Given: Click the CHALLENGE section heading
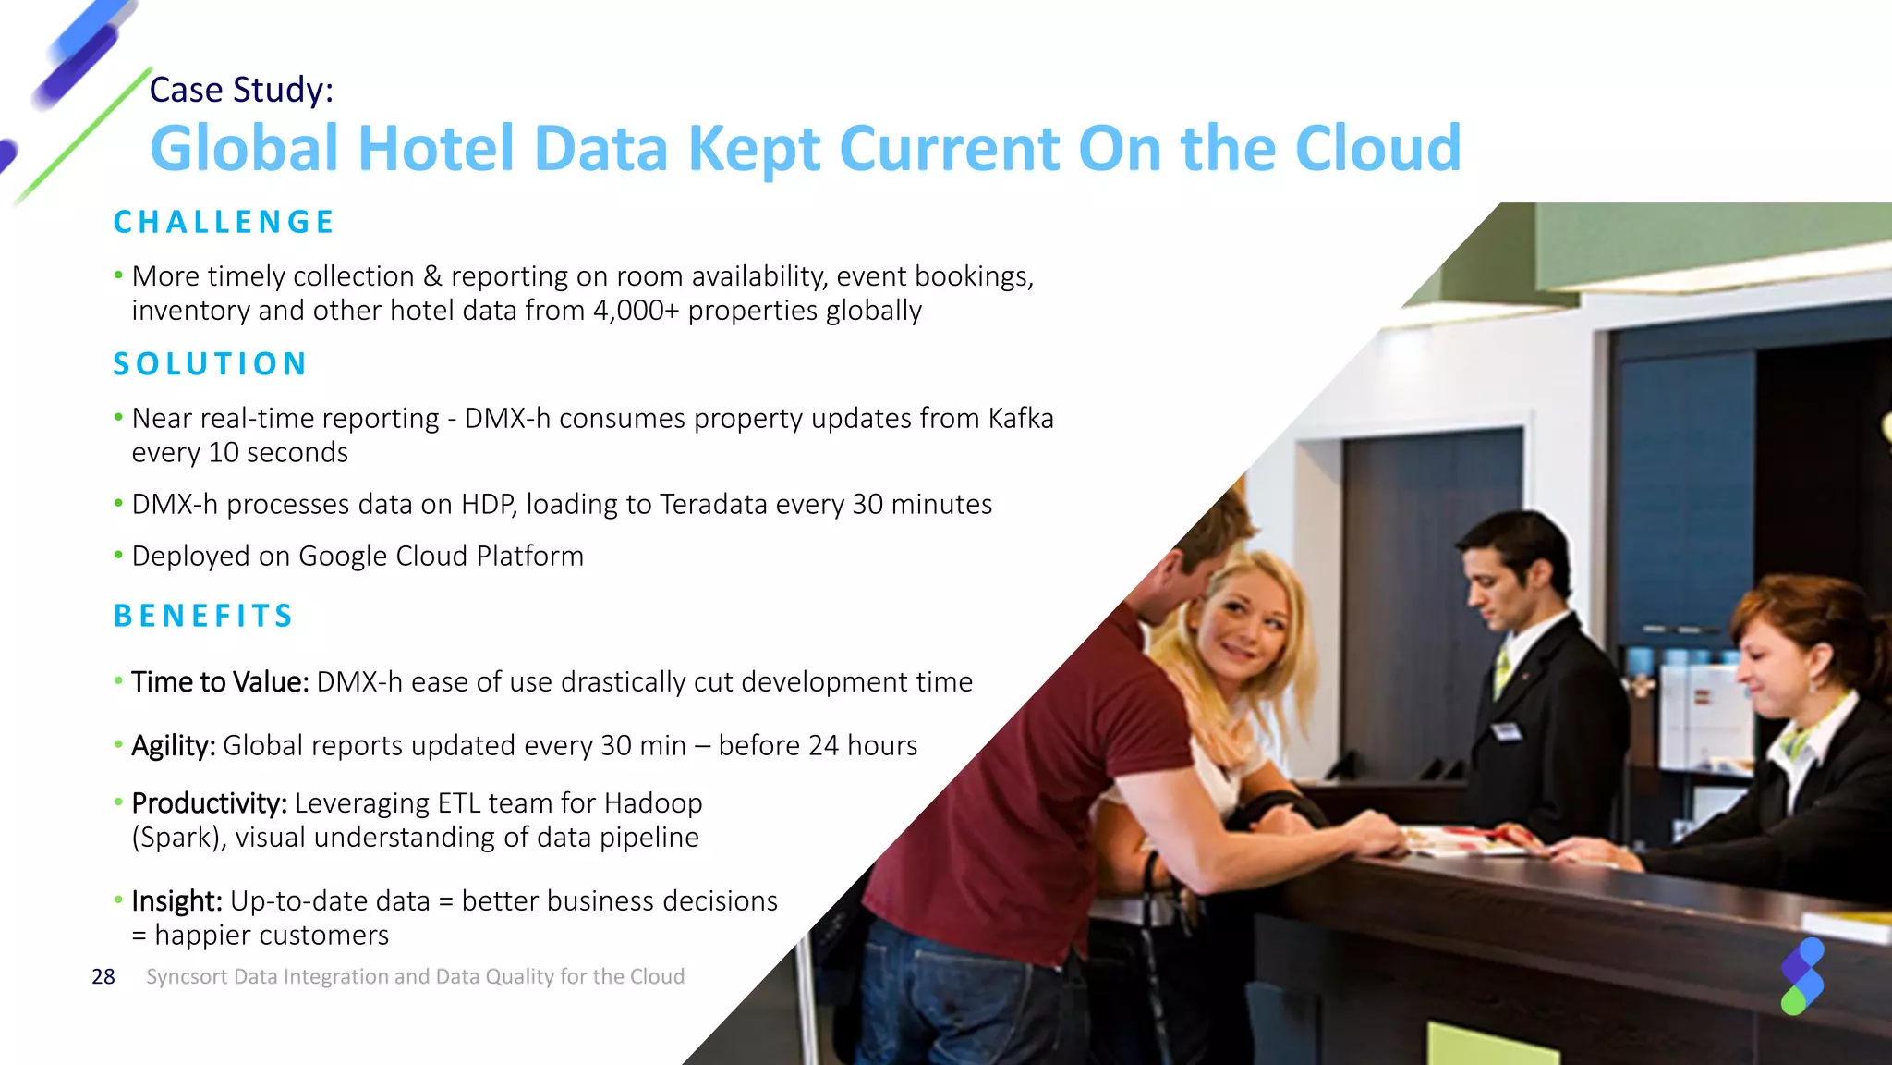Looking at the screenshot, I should [224, 222].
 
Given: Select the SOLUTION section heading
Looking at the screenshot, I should [210, 364].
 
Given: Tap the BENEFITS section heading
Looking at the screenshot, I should [203, 616].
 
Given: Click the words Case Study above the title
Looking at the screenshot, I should [241, 90].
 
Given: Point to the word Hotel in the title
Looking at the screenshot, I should [435, 149].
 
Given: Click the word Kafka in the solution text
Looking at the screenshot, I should [1020, 419].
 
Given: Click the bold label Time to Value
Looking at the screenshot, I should [220, 682].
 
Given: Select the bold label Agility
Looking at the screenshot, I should [174, 746].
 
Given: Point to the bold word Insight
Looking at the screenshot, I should [176, 901].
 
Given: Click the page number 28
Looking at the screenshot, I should [103, 977].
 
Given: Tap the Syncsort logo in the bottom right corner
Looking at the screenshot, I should [1801, 976].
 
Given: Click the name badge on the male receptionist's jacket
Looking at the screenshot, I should [1507, 732].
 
